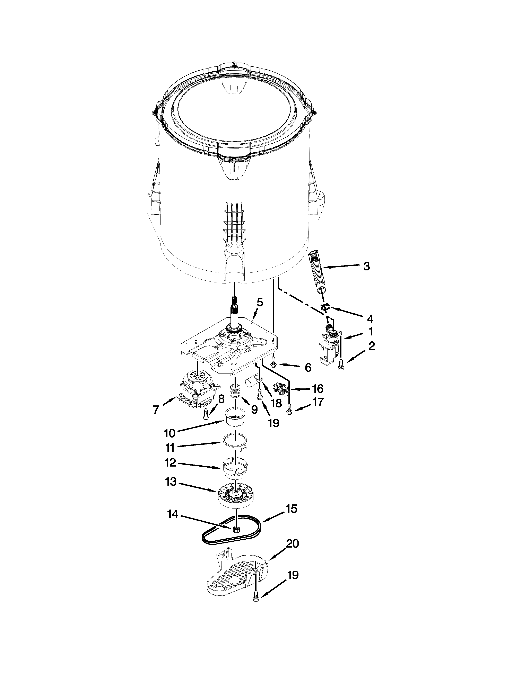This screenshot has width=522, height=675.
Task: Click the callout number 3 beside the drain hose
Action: (x=366, y=266)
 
